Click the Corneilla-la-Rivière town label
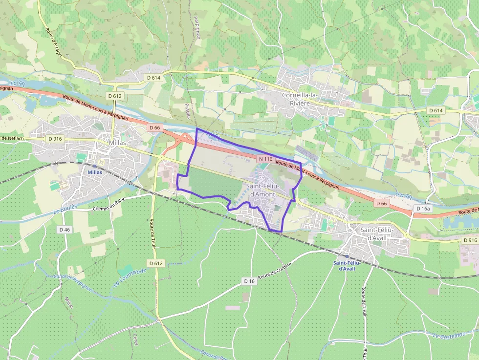click(303, 99)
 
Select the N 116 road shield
click(265, 159)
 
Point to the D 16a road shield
click(423, 209)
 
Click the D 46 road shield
click(64, 229)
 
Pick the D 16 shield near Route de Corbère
click(249, 281)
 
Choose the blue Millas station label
click(95, 172)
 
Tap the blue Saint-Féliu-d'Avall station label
click(347, 265)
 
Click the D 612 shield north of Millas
click(115, 96)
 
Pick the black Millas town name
click(117, 143)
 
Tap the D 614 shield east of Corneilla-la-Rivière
click(436, 110)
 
